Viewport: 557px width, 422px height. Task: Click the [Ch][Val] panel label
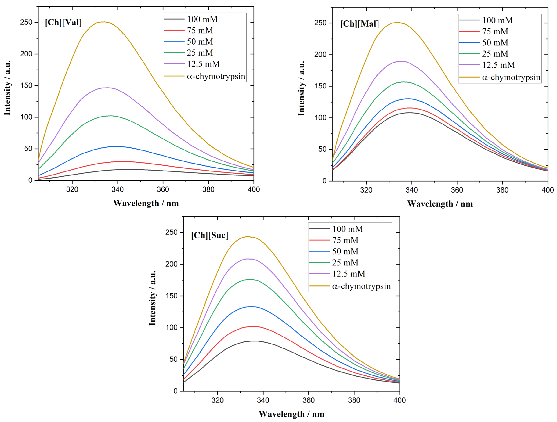click(x=63, y=22)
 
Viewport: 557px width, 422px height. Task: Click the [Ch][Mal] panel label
click(x=359, y=24)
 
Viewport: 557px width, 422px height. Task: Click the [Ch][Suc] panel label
click(x=210, y=235)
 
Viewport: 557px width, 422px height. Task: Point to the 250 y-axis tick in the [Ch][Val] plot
click(x=26, y=22)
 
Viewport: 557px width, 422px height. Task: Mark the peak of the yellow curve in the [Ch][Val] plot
click(x=103, y=22)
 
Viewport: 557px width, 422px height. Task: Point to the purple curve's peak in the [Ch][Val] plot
click(x=107, y=88)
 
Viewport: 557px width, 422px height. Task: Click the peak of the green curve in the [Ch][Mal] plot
click(x=404, y=82)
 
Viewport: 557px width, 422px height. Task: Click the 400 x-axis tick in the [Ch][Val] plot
click(x=254, y=189)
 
